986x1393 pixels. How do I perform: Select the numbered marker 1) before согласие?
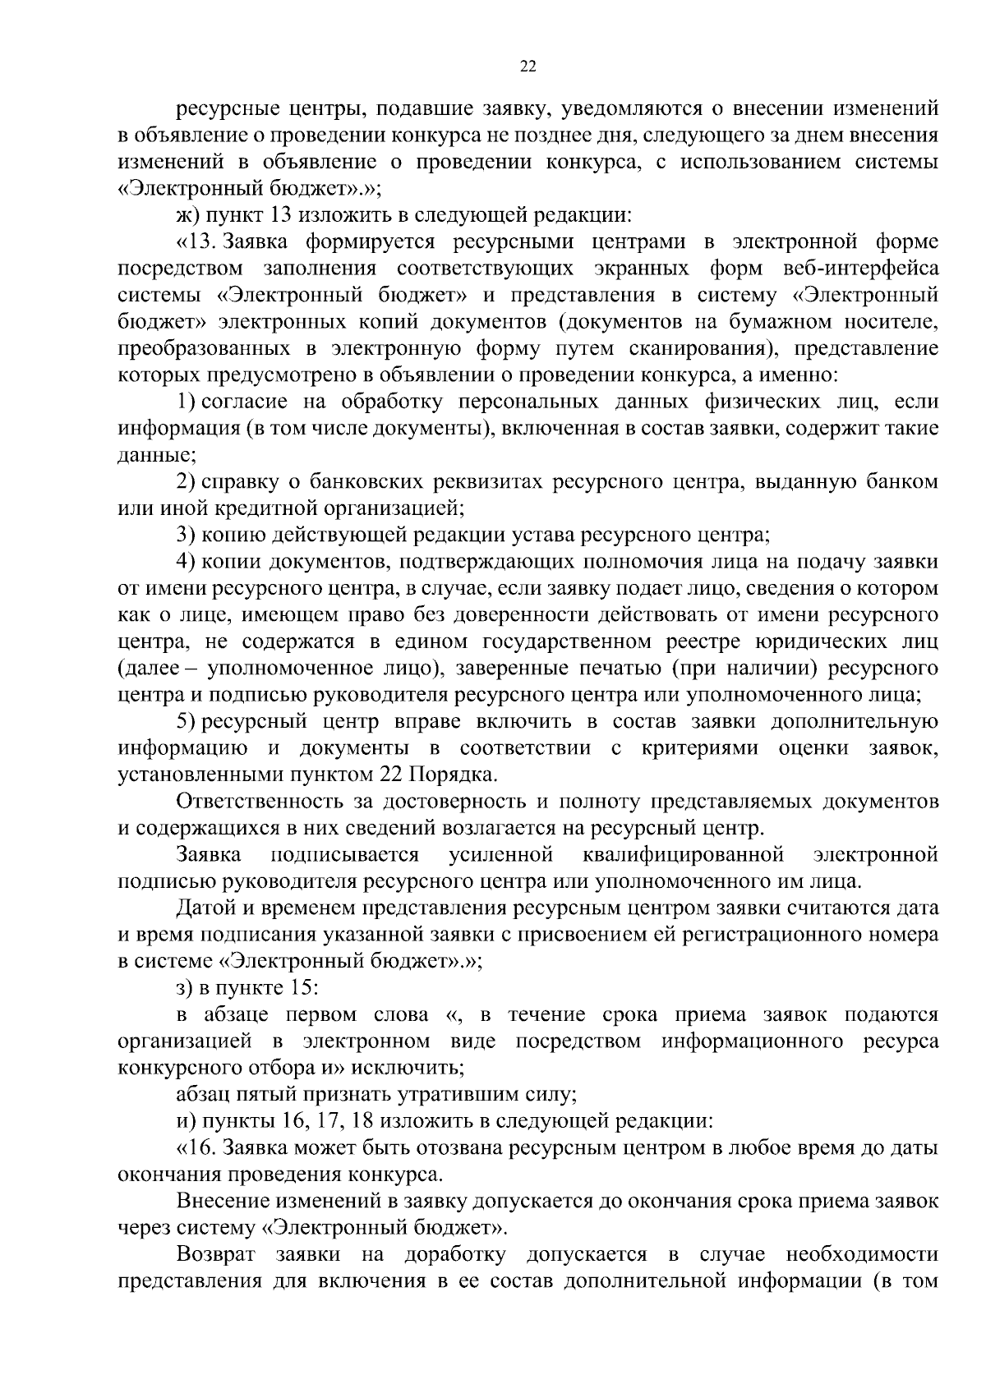pos(186,402)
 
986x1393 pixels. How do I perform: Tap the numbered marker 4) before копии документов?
pos(186,562)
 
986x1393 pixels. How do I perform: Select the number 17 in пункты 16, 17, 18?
pos(336,1121)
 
